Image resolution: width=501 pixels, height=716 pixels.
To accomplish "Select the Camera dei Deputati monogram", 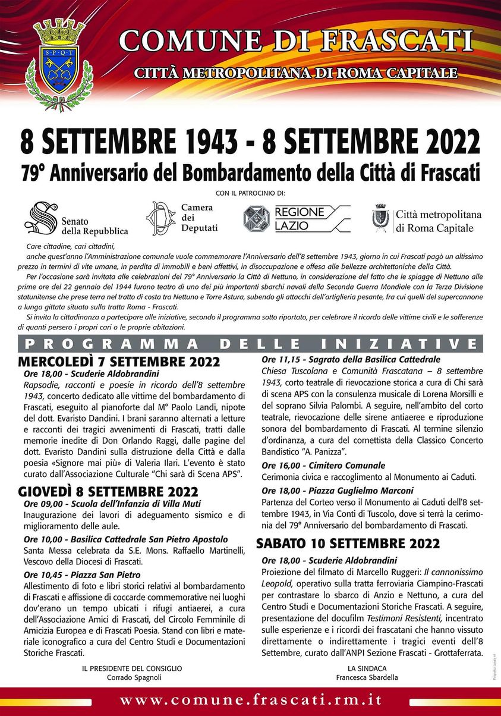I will (x=162, y=218).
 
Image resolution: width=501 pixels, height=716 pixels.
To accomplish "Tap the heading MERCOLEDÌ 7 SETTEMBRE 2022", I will (x=119, y=362).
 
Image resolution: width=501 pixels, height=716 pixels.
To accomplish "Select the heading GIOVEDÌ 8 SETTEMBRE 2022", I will (x=108, y=492).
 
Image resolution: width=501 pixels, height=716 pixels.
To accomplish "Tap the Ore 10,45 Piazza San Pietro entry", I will (x=82, y=575).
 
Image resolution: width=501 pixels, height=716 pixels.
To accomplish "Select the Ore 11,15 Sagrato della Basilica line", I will (x=351, y=359).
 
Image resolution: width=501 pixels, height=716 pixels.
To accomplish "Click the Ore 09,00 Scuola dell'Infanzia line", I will (x=112, y=504).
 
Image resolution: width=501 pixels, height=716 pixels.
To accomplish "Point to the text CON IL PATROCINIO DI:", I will (x=250, y=193).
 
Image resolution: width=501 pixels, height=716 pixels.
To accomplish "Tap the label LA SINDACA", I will (x=367, y=668).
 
